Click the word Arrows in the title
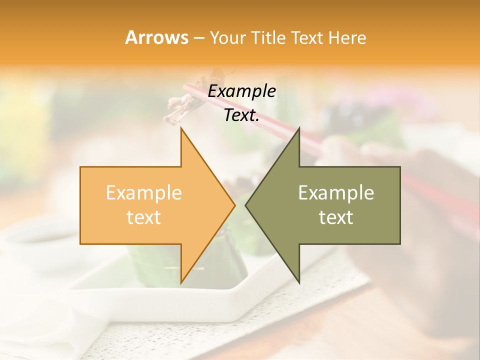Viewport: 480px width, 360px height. point(156,37)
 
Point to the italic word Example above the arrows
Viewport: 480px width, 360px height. point(242,91)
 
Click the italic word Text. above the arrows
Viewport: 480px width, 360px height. point(242,115)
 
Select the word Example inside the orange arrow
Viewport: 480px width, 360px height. point(144,192)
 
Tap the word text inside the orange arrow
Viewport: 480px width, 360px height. point(144,217)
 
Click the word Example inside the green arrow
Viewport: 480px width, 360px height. point(336,192)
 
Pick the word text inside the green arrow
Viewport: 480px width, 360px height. point(336,217)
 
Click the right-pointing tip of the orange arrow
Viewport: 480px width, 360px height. point(234,205)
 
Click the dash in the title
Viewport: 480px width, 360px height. point(198,38)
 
